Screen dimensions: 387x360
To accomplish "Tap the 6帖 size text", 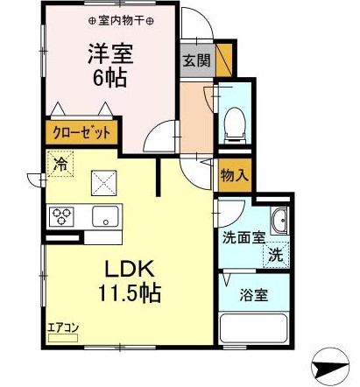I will point(109,76).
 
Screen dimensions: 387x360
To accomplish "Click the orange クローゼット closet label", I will point(80,133).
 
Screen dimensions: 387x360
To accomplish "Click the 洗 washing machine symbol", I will point(275,256).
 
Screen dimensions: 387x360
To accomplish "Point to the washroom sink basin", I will point(279,222).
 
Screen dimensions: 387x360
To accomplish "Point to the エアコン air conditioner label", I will point(63,328).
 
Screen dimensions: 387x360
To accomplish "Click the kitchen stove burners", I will point(63,215).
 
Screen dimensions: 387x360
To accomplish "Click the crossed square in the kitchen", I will point(105,181).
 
